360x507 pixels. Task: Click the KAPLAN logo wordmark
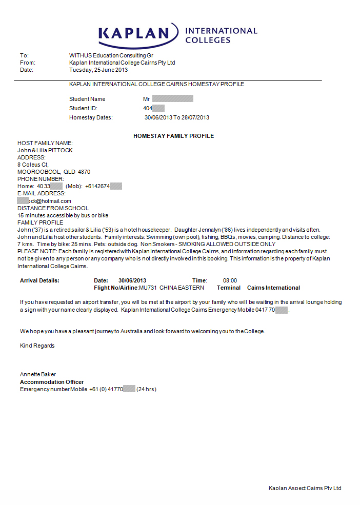tap(134, 34)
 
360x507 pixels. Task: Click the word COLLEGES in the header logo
tap(208, 40)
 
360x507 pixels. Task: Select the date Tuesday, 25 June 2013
tap(98, 70)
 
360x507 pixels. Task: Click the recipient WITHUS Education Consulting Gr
tap(111, 55)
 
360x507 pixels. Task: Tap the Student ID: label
tap(83, 108)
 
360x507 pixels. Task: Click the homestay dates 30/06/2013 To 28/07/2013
tap(177, 117)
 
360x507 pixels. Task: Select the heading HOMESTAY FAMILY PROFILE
tap(173, 136)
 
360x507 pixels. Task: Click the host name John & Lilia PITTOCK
tap(45, 150)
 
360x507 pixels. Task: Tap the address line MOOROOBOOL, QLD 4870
tap(54, 172)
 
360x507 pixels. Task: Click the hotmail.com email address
tap(45, 201)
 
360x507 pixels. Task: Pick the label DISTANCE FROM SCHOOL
tap(53, 208)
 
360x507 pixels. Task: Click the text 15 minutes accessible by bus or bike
tap(63, 215)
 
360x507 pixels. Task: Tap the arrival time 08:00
tap(230, 280)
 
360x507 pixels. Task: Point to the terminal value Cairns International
tap(273, 288)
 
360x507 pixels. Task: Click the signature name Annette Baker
tap(38, 374)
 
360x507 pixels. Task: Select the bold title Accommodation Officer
tap(52, 382)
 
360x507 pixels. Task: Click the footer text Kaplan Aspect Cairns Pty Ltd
tap(305, 488)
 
